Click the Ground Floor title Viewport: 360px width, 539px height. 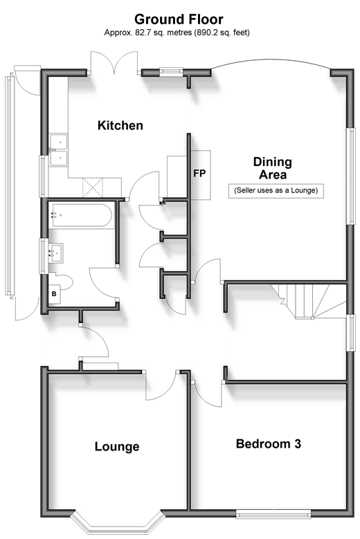pyautogui.click(x=179, y=19)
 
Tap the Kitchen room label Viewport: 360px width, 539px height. pyautogui.click(x=120, y=125)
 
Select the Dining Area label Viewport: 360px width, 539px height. pyautogui.click(x=273, y=168)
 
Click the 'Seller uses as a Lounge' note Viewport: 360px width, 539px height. pyautogui.click(x=276, y=190)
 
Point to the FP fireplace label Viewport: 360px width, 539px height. pyautogui.click(x=199, y=174)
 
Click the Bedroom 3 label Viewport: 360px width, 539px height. pyautogui.click(x=269, y=444)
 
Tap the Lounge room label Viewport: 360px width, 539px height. pyautogui.click(x=117, y=446)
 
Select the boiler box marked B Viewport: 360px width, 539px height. pyautogui.click(x=54, y=294)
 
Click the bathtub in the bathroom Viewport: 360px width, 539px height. pyautogui.click(x=80, y=215)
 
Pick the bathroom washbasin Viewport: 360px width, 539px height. pyautogui.click(x=56, y=253)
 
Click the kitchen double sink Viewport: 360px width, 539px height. pyautogui.click(x=58, y=150)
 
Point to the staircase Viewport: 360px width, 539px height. pyautogui.click(x=308, y=301)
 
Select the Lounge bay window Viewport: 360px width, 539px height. pyautogui.click(x=116, y=524)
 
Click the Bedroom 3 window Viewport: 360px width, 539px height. pyautogui.click(x=273, y=514)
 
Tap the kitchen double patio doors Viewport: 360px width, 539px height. pyautogui.click(x=114, y=62)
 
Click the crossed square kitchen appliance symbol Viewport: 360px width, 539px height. pyautogui.click(x=93, y=188)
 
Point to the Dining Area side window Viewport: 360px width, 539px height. pyautogui.click(x=351, y=176)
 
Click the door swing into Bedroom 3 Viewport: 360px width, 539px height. pyautogui.click(x=206, y=394)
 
